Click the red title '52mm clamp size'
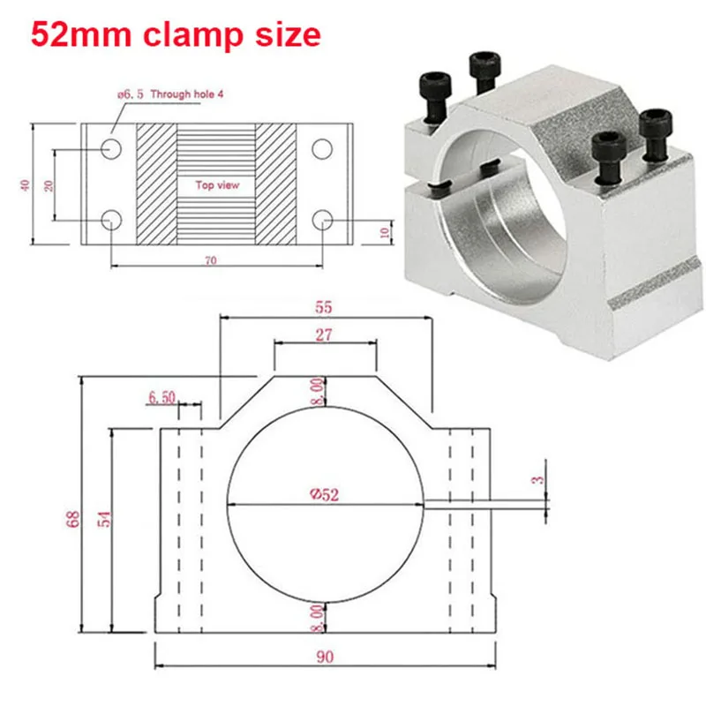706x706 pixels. tap(176, 36)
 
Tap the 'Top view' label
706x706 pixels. tap(217, 186)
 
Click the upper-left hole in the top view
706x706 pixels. tap(111, 148)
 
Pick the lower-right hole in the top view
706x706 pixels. tap(324, 218)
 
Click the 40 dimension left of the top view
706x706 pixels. tap(26, 184)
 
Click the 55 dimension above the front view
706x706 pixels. tap(325, 308)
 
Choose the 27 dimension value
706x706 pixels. tap(325, 335)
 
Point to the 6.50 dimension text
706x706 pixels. tap(161, 399)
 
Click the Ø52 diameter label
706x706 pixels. tap(325, 495)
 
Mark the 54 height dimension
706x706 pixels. tap(104, 521)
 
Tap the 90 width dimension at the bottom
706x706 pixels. tap(325, 657)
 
